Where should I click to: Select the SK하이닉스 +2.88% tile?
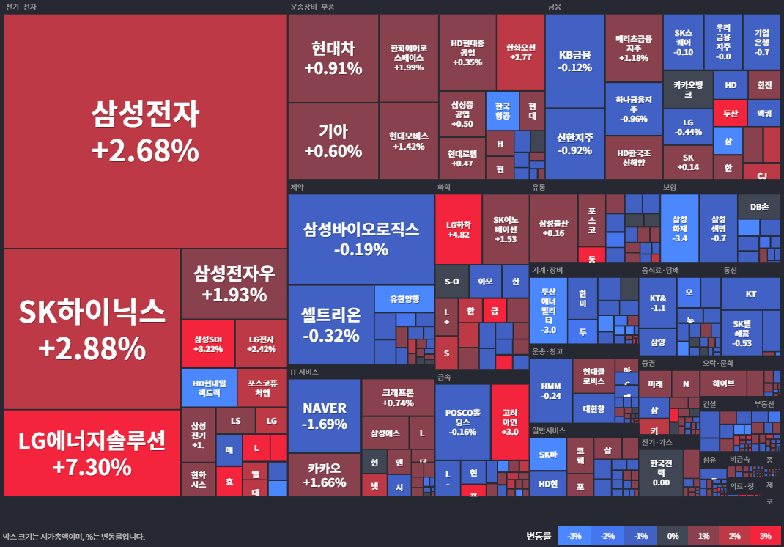pos(92,329)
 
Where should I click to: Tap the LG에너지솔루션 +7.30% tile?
pos(92,452)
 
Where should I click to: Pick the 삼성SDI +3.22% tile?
pos(207,343)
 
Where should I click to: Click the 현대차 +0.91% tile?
pos(333,59)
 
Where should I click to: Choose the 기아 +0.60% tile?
pos(333,141)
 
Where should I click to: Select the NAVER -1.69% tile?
pos(324,415)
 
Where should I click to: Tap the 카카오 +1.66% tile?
pos(324,474)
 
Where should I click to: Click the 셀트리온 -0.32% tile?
pos(330,325)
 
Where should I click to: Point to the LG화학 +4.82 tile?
pos(458,229)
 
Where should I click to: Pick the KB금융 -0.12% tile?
pos(574,61)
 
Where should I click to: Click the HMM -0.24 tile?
pos(550,390)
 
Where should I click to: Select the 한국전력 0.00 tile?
pos(661,468)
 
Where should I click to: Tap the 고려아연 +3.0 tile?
pos(510,422)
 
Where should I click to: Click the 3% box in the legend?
pos(765,536)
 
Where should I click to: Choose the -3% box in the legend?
pos(574,536)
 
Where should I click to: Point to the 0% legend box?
pos(672,536)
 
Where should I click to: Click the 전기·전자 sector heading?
pos(21,7)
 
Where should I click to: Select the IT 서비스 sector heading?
pos(304,372)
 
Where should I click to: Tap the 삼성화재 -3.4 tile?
pos(680,228)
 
